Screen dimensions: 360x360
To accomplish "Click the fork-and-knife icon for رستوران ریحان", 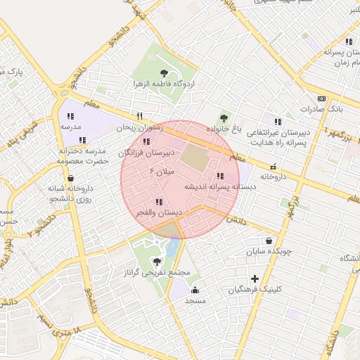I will click(x=139, y=117).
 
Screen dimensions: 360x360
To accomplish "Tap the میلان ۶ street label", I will click(x=160, y=172).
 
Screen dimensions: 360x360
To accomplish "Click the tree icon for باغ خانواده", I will click(x=224, y=117).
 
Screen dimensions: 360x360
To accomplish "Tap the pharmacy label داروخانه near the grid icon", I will click(x=275, y=178).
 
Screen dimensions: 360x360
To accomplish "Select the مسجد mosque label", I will click(x=194, y=301).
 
